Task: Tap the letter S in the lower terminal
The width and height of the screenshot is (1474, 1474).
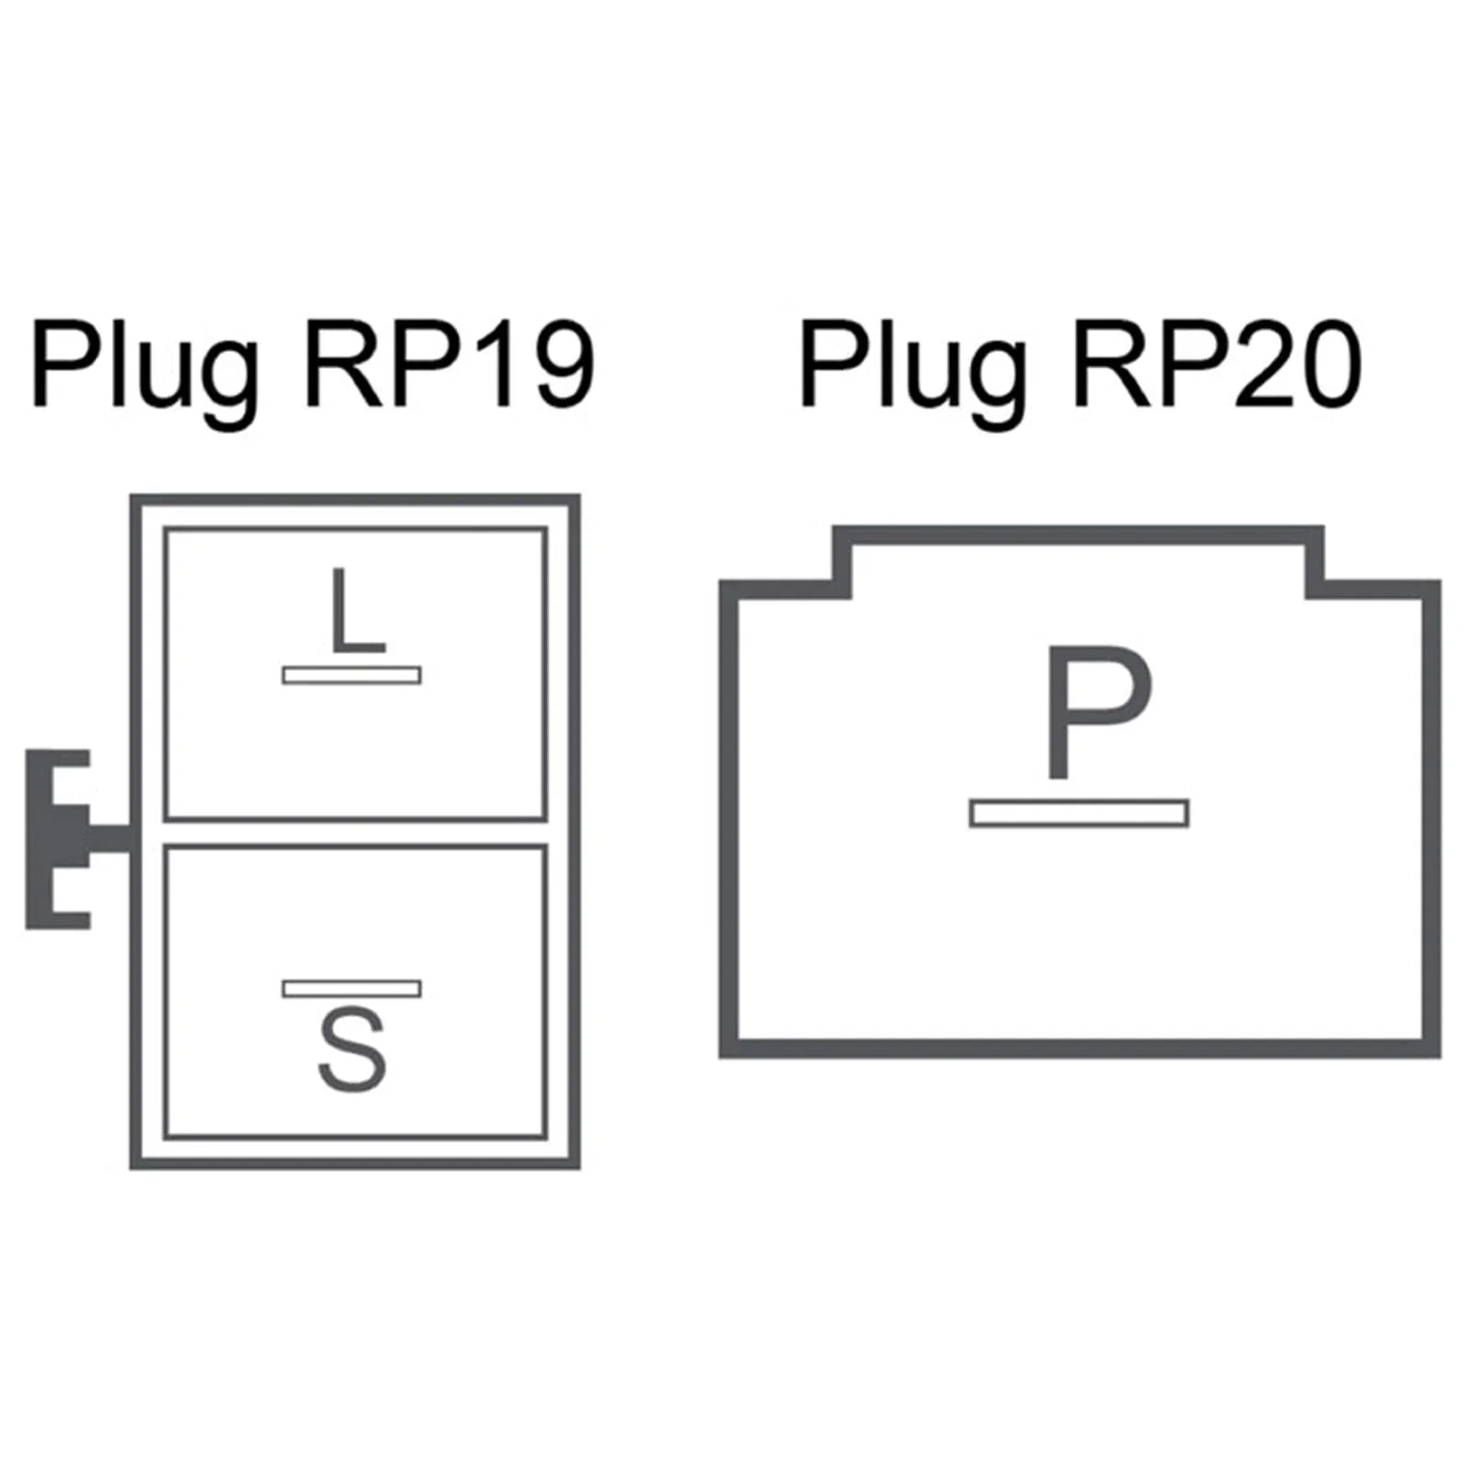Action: pyautogui.click(x=352, y=1051)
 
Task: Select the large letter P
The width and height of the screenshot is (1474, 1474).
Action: pyautogui.click(x=1098, y=712)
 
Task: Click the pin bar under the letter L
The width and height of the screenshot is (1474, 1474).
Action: pyautogui.click(x=352, y=675)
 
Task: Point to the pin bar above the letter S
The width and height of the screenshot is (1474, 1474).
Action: pyautogui.click(x=352, y=989)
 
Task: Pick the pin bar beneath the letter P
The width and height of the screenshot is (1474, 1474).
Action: pyautogui.click(x=1079, y=813)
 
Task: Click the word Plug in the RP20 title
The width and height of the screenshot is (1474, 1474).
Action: pyautogui.click(x=913, y=368)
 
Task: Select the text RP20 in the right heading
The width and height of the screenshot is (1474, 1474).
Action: pyautogui.click(x=1217, y=365)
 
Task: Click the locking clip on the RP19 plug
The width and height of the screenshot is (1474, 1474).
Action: pyautogui.click(x=74, y=839)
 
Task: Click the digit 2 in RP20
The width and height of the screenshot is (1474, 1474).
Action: pyautogui.click(x=1250, y=365)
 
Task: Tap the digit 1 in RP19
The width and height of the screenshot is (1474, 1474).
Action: pyautogui.click(x=489, y=365)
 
